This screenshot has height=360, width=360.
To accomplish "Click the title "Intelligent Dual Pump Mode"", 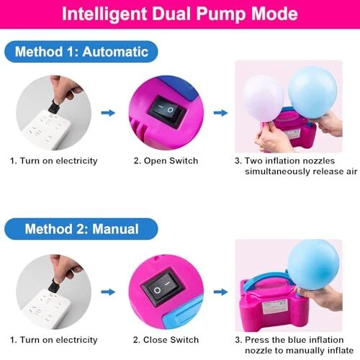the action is tap(180, 14).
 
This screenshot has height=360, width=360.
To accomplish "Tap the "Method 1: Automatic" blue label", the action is tap(81, 52).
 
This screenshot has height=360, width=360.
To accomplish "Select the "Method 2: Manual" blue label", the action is tap(81, 229).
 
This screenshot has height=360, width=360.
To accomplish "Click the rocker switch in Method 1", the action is tap(167, 112).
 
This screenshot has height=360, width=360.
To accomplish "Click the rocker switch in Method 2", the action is tap(163, 287).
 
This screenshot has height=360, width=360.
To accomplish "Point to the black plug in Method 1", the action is tap(54, 107).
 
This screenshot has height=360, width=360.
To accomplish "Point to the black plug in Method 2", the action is tap(54, 285).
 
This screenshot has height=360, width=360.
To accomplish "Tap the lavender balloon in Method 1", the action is tap(263, 99).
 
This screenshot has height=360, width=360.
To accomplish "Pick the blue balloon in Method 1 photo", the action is tap(312, 93).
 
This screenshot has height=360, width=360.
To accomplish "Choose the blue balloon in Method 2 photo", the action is tap(314, 265).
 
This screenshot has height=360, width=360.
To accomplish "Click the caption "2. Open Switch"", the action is tap(166, 161).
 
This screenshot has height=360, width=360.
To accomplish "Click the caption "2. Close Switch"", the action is tap(166, 340).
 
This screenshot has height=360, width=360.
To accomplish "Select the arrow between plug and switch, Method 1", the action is tap(108, 113).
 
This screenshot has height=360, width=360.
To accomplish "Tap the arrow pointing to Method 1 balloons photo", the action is tap(220, 113).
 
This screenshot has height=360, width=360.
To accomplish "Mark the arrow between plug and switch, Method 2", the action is tap(108, 292).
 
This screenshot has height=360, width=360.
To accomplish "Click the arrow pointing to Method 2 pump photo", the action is tap(220, 292).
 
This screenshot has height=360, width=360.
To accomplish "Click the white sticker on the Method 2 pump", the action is tap(274, 307).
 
